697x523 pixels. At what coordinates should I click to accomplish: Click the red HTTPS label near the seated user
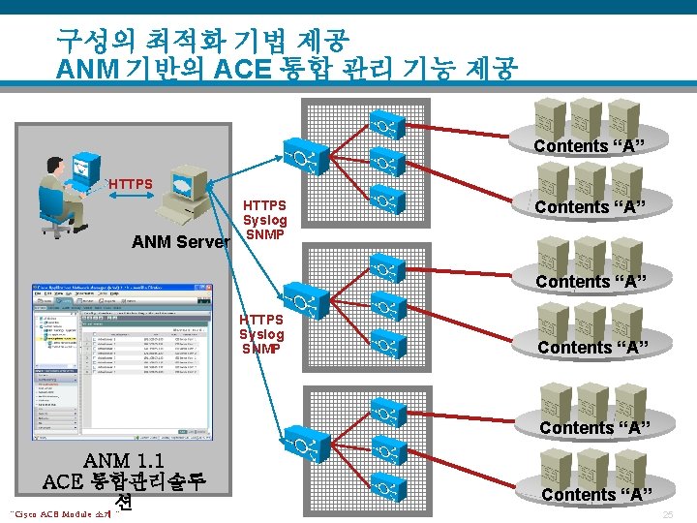point(131,183)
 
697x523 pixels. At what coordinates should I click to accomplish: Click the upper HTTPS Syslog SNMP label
point(264,220)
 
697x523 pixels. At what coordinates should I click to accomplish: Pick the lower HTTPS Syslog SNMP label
point(262,333)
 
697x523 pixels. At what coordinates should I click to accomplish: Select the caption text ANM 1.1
point(123,461)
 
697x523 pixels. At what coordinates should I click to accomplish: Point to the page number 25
point(668,514)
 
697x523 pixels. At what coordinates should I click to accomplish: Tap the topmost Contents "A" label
point(590,146)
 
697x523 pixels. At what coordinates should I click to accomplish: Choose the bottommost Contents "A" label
point(593,495)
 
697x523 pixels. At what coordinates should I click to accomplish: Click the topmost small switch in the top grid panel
point(385,126)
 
